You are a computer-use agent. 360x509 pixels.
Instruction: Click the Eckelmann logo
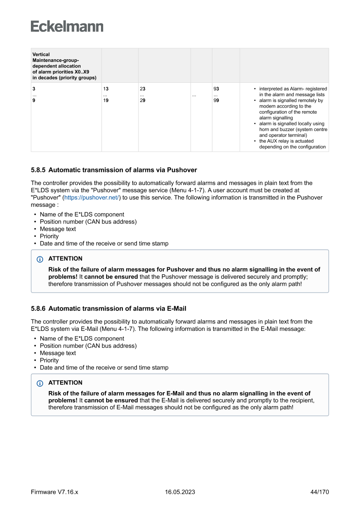(67, 26)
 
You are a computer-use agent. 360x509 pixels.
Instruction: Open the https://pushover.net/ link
(92, 197)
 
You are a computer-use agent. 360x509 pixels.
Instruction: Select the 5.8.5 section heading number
(38, 170)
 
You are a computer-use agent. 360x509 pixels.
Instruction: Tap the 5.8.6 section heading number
(38, 309)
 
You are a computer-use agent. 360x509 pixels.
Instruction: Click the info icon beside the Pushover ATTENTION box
(40, 259)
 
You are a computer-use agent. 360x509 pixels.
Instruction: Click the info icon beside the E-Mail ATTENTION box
(40, 383)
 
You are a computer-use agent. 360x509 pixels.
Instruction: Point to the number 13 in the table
(106, 89)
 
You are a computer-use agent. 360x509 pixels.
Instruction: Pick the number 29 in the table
(142, 101)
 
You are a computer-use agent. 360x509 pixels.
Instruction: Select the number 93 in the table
(216, 89)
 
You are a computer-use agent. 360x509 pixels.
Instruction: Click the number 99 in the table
(216, 101)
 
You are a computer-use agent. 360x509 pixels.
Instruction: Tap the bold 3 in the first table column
(34, 89)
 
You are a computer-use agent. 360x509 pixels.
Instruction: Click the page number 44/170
(320, 492)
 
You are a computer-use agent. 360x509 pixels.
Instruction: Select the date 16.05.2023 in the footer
(180, 492)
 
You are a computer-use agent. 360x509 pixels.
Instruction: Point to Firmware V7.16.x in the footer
(54, 492)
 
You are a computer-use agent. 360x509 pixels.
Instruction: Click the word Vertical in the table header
(41, 54)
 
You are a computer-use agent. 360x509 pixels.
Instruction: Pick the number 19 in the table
(106, 101)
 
